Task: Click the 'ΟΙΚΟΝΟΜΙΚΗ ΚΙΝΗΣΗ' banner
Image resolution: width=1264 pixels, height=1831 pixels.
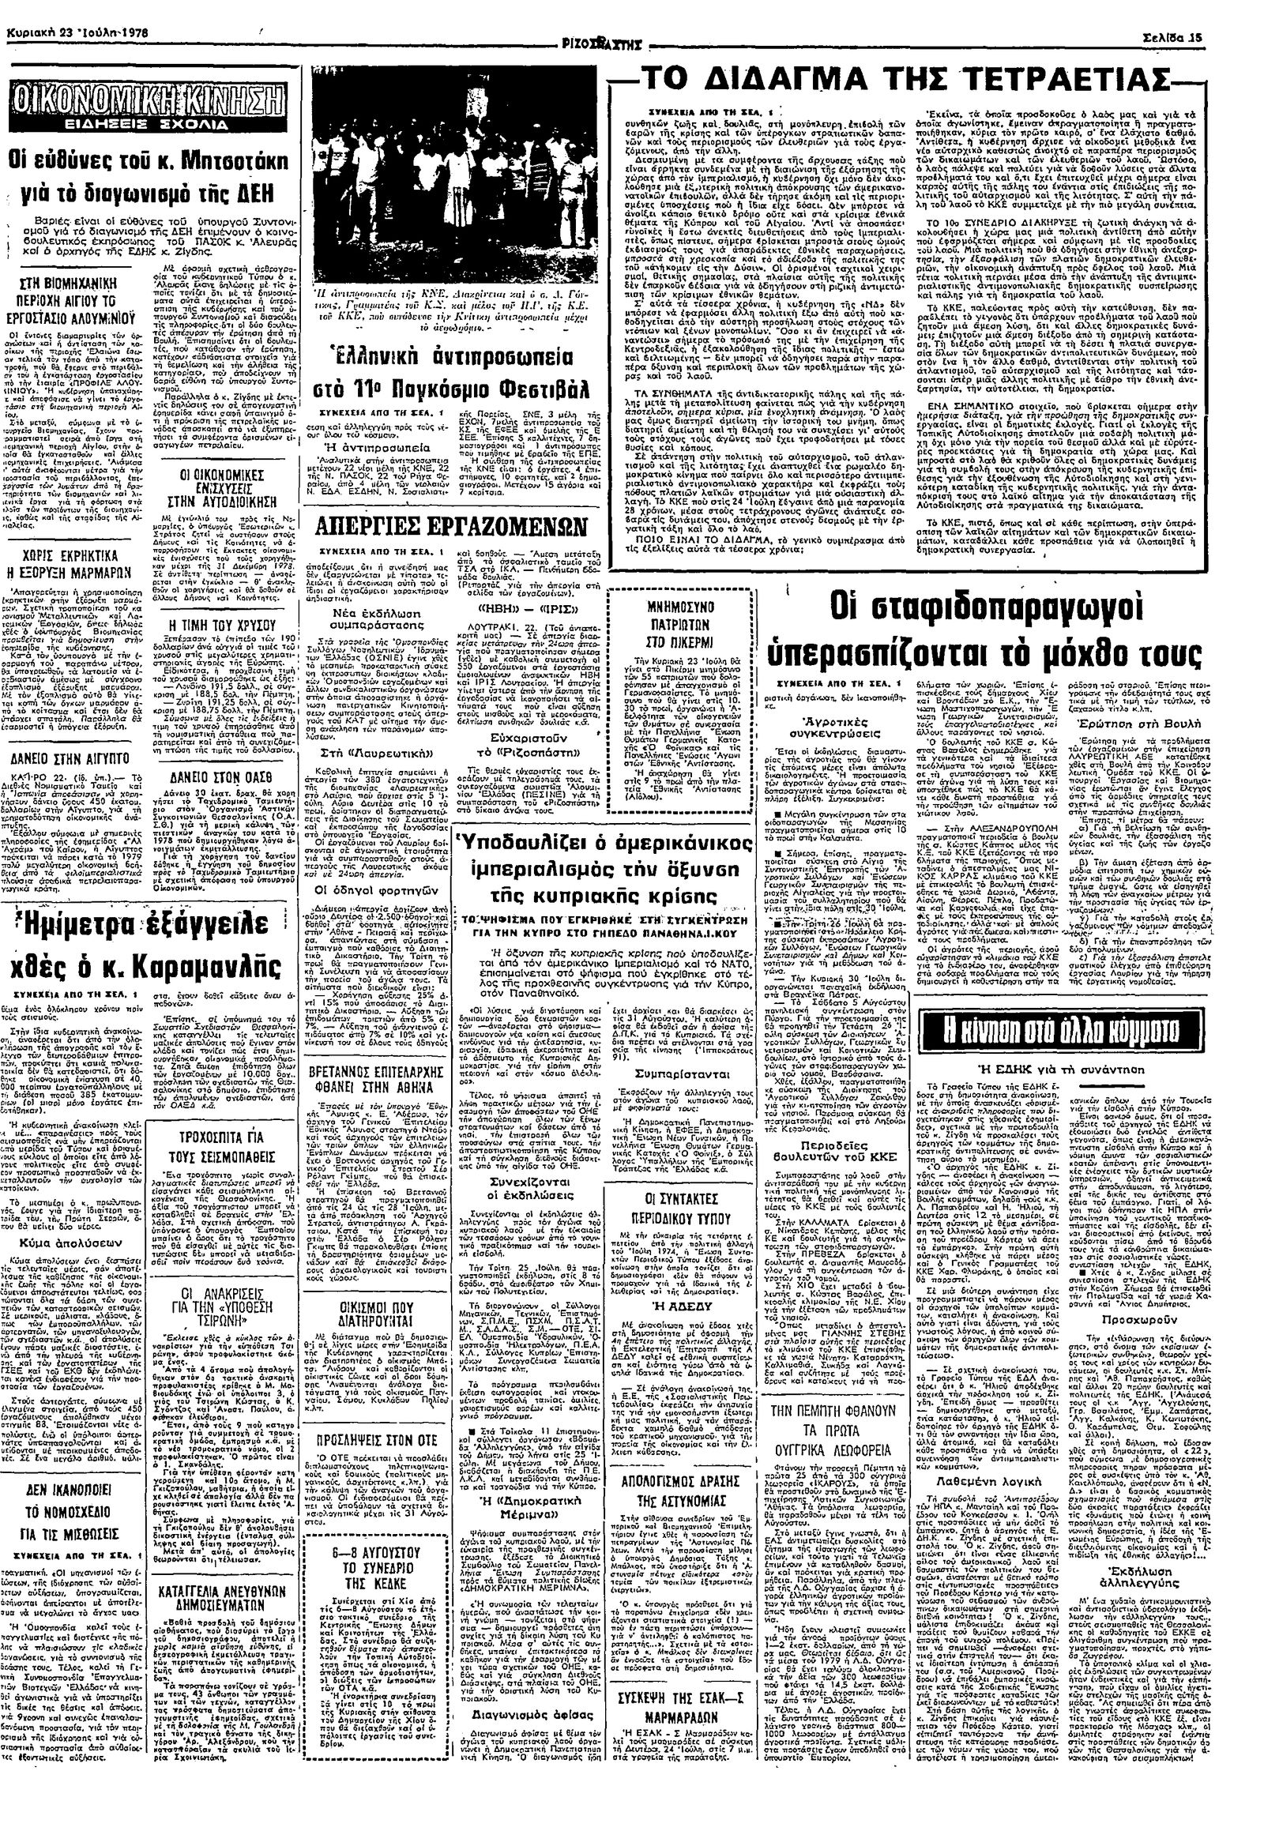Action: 147,106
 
